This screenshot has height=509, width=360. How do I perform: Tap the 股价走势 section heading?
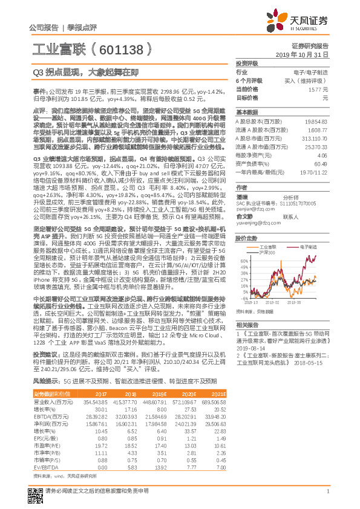coord(247,238)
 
